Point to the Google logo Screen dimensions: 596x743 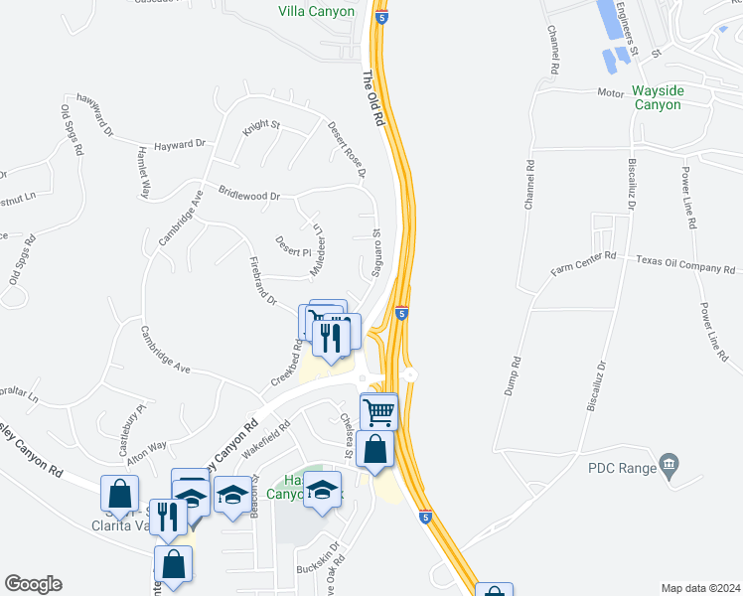click(33, 584)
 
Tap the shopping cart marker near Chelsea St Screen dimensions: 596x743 click(378, 410)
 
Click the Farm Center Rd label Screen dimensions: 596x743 click(584, 260)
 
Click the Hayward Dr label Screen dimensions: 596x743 click(179, 144)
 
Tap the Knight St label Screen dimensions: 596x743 click(262, 128)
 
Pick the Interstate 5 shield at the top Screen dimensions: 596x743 click(382, 17)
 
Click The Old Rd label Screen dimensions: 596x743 click(372, 97)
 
